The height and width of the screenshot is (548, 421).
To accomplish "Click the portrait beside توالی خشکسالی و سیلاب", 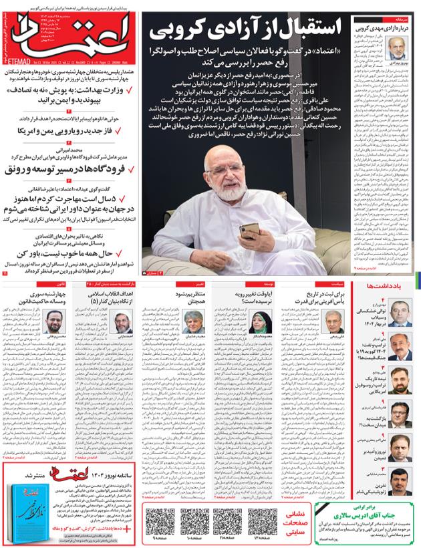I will (400, 311).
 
